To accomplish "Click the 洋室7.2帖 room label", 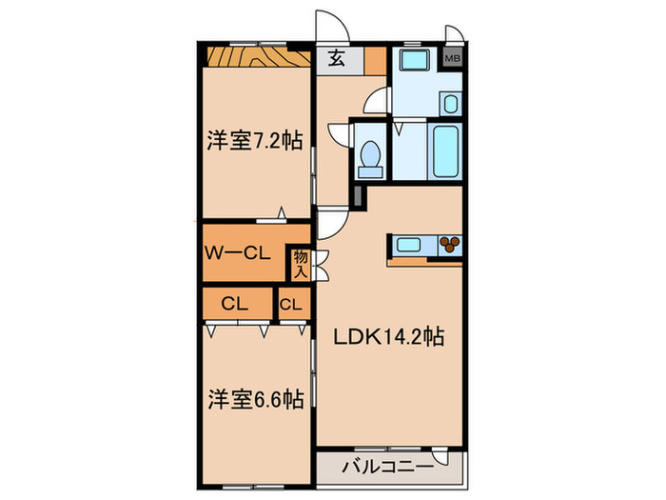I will (x=255, y=141).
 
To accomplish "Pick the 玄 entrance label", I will (x=337, y=59).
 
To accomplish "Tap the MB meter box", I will (x=454, y=58).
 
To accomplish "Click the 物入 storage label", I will (x=301, y=264).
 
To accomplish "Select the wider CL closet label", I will (x=236, y=305).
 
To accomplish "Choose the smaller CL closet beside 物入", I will (x=292, y=305).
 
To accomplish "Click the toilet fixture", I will (x=371, y=158).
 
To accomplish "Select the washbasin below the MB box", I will (x=451, y=103).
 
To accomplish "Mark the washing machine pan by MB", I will (x=415, y=67).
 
